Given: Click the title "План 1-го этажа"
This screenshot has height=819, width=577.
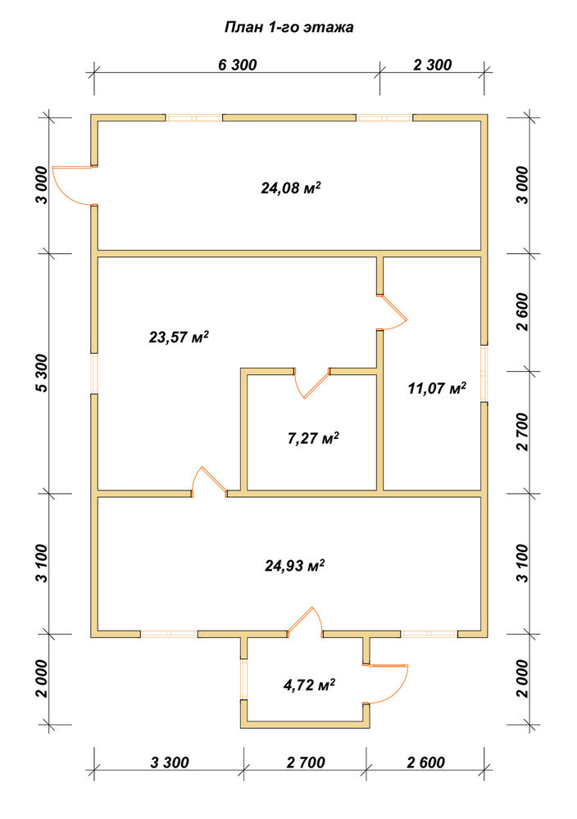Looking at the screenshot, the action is (x=289, y=27).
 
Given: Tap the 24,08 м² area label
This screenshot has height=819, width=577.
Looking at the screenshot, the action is (x=291, y=188).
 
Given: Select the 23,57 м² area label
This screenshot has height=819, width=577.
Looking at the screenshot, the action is (x=179, y=337).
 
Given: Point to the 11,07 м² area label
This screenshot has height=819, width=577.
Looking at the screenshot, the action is (x=437, y=388).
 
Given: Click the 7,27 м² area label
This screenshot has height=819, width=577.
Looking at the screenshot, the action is (x=313, y=437).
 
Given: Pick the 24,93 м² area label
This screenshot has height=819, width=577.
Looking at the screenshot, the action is (x=295, y=565).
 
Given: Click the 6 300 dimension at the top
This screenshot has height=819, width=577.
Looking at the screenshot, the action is (x=238, y=66).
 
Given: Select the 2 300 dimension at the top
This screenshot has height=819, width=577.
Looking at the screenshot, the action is (x=432, y=66).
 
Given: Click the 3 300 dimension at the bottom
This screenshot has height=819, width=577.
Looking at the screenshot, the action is (x=170, y=762).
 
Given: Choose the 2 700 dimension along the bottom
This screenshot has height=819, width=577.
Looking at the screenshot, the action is (x=306, y=762).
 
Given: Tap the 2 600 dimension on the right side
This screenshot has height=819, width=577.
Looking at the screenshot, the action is (x=522, y=312).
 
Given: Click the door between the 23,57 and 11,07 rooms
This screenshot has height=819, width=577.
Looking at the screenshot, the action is (x=392, y=312).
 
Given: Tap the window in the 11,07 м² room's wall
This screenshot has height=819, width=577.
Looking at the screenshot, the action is (x=484, y=373).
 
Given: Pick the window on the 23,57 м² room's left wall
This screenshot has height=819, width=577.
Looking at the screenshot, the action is (x=94, y=373).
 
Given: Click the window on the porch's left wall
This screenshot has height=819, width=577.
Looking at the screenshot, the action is (x=243, y=680).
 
